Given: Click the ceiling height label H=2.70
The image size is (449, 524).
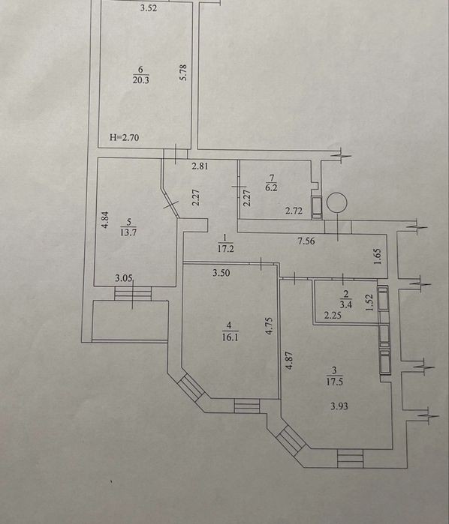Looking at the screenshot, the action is point(124,137).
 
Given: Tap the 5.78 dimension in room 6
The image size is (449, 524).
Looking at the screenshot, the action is point(182,72).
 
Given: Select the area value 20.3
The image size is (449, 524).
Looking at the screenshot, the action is point(140,80).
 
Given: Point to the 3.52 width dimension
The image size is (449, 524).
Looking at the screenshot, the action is point(149,8).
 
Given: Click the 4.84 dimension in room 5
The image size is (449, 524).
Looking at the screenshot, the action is point(105,220).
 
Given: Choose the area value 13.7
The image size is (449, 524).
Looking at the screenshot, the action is point(128,232).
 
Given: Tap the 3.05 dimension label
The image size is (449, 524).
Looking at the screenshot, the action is point(124,278).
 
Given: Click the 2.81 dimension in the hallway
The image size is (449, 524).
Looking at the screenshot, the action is point(200,166).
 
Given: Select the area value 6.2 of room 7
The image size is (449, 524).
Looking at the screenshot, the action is point(271,187).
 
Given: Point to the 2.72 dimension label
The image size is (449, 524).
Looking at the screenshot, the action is point(294,211).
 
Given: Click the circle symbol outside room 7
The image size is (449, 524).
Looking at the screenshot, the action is point(337,203).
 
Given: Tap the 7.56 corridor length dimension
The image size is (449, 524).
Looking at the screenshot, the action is point(306,241).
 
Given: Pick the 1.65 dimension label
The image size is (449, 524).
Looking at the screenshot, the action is point(378,256).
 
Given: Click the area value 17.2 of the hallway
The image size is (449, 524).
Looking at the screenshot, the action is point(225,249).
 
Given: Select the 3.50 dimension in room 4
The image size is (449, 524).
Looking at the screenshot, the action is point(221,273).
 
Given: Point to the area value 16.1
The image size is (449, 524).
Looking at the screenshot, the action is point(230,337).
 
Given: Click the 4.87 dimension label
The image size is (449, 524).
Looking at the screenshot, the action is point(289,361).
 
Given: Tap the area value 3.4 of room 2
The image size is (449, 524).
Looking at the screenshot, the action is point(345,304).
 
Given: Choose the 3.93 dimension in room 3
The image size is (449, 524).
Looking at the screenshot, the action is point(339,406).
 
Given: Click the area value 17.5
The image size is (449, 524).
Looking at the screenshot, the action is point(334,382).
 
